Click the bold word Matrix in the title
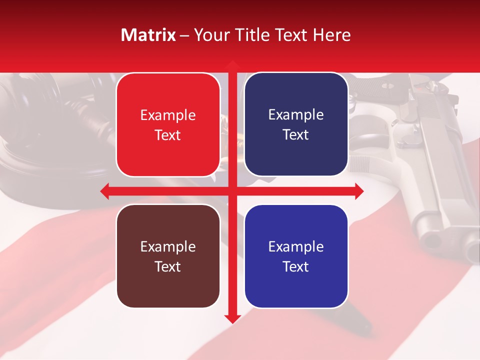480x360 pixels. click(x=148, y=35)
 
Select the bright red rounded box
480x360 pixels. click(x=168, y=124)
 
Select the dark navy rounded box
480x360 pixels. click(x=296, y=124)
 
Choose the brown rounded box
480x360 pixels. click(x=168, y=256)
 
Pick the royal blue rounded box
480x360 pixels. click(x=296, y=256)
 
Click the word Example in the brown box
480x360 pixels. click(x=168, y=246)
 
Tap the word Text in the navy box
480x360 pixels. click(x=296, y=134)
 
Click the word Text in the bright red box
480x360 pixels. click(x=168, y=135)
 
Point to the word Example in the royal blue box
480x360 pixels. click(x=296, y=246)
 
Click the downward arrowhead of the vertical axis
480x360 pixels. click(x=232, y=318)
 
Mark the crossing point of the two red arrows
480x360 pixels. click(x=232, y=190)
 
